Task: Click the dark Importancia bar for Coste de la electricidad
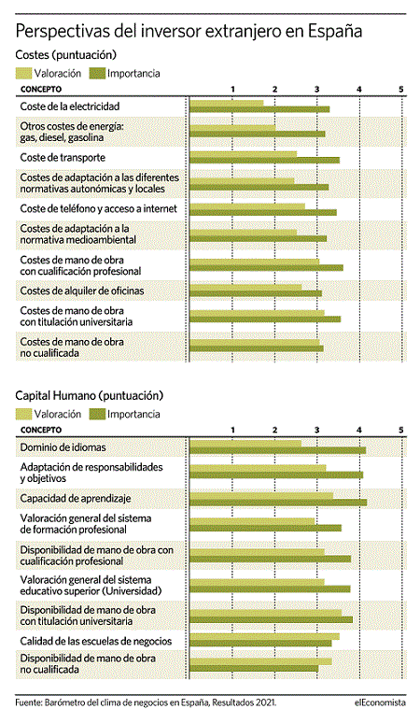point(259,109)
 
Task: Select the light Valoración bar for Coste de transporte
point(244,154)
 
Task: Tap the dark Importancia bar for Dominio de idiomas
point(278,450)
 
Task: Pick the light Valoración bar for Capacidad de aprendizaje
point(261,496)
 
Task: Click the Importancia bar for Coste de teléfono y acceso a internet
point(263,212)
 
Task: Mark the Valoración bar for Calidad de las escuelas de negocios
point(264,637)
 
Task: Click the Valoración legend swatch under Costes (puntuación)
point(23,73)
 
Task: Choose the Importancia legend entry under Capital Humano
point(125,414)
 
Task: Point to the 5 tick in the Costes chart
point(401,89)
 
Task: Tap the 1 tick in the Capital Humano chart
point(233,430)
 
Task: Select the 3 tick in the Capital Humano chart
point(316,430)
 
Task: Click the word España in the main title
point(335,32)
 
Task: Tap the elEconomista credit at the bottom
point(380,702)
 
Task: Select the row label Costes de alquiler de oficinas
point(82,291)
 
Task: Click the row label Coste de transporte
point(63,158)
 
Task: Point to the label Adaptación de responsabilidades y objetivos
point(91,473)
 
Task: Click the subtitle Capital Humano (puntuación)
point(90,396)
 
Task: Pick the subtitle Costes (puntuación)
point(66,55)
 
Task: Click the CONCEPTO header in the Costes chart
point(40,89)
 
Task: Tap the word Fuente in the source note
point(28,702)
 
